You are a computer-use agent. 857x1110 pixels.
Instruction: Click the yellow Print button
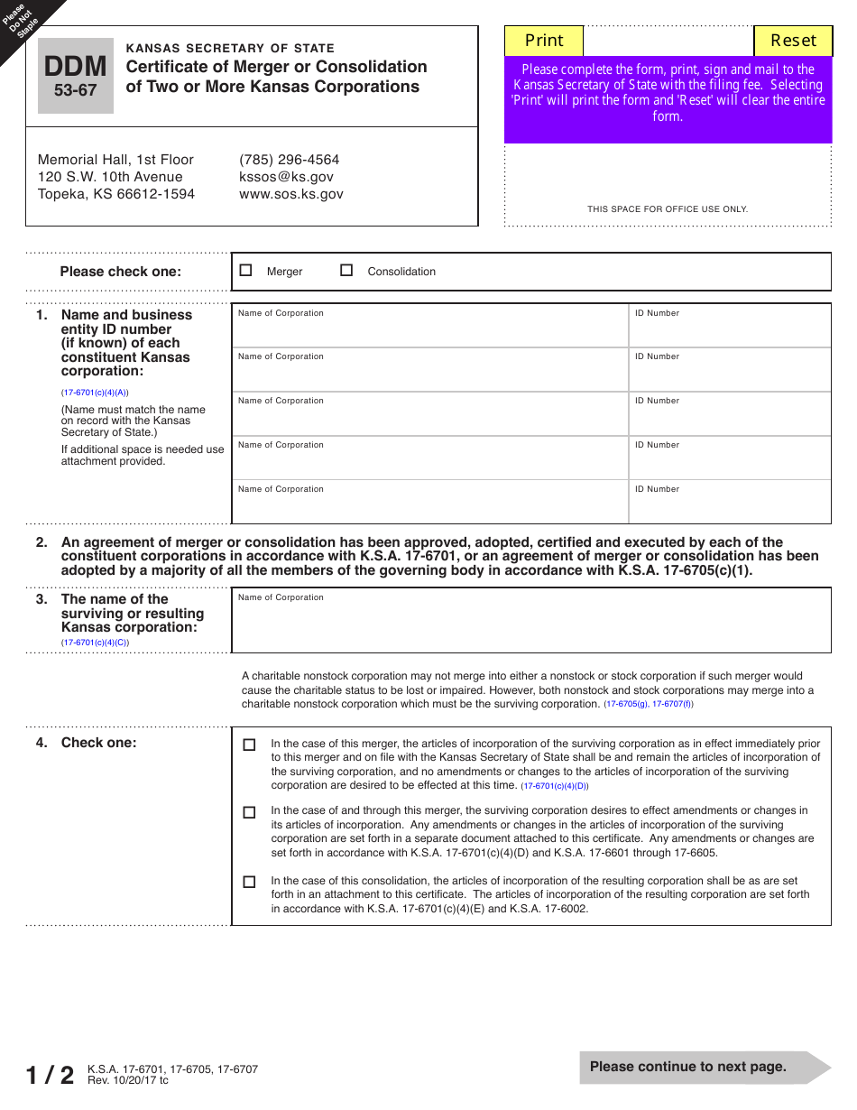[544, 41]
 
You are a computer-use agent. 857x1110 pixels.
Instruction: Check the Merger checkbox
[246, 270]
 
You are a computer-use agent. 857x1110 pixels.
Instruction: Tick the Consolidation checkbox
[346, 270]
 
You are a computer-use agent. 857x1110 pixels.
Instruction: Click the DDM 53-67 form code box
[76, 76]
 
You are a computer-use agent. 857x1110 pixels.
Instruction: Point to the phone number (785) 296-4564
[289, 160]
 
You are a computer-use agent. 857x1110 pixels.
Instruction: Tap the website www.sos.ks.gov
[290, 194]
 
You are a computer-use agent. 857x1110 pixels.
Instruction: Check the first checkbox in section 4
[250, 745]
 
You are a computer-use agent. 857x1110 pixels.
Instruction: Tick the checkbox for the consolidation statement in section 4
[250, 882]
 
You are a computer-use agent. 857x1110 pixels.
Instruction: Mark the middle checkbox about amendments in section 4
[250, 812]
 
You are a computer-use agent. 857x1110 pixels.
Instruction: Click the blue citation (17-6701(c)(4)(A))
[95, 393]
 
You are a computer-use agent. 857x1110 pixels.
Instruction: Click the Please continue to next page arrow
[704, 1067]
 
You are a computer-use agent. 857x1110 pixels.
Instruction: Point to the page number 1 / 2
[50, 1075]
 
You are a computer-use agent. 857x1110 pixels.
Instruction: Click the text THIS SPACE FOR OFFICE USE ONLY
[668, 209]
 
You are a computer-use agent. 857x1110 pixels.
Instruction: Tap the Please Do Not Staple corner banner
[23, 20]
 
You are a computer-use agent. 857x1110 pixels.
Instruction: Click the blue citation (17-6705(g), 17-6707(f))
[649, 704]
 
